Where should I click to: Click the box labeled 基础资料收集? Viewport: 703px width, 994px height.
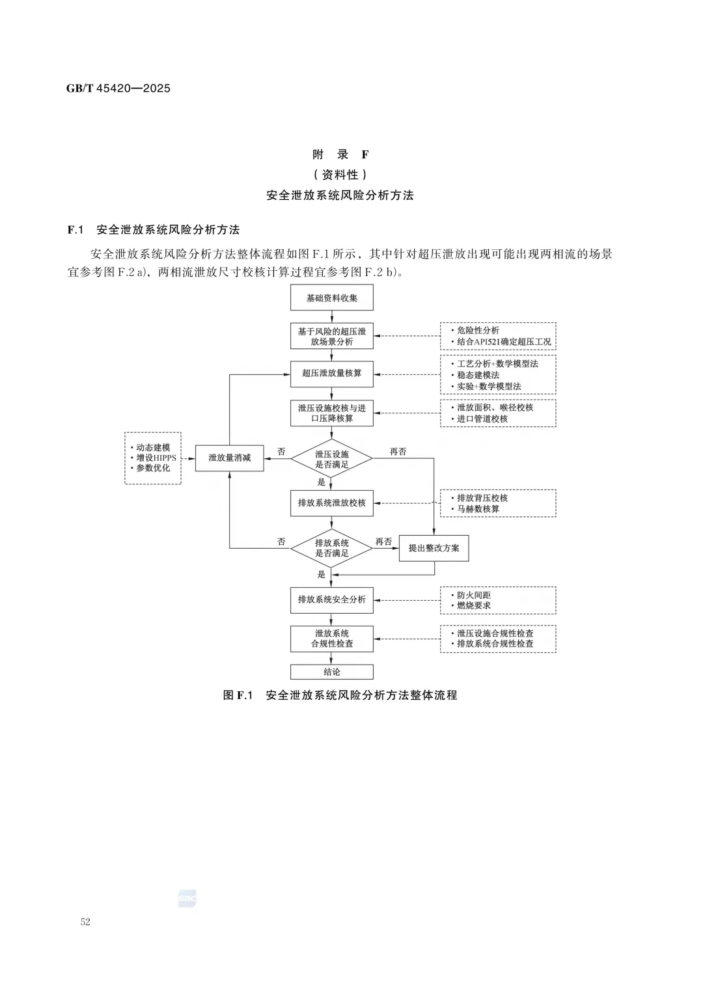331,298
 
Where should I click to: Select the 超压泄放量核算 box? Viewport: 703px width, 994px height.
331,374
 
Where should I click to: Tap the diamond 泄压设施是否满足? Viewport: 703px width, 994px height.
331,459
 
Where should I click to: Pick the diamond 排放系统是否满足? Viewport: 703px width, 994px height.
331,548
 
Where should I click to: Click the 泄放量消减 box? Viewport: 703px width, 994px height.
229,458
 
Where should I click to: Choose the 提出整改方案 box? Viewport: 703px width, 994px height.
434,548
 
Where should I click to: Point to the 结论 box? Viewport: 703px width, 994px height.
331,672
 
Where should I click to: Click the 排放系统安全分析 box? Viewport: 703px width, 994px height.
331,600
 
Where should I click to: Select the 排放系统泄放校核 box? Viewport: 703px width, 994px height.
331,503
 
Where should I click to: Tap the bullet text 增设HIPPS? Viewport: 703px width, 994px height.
156,458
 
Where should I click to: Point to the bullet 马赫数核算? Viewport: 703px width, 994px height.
478,509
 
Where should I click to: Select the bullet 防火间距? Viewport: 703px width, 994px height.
473,595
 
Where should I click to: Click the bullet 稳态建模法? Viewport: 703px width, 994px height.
478,375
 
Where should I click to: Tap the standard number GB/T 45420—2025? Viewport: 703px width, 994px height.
118,89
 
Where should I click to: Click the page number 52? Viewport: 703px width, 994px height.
85,922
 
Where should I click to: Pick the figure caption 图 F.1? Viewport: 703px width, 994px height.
238,695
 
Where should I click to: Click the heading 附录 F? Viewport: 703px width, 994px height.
340,154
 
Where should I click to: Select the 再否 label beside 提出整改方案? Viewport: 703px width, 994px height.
383,542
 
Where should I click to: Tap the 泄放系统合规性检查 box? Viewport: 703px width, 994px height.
331,639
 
